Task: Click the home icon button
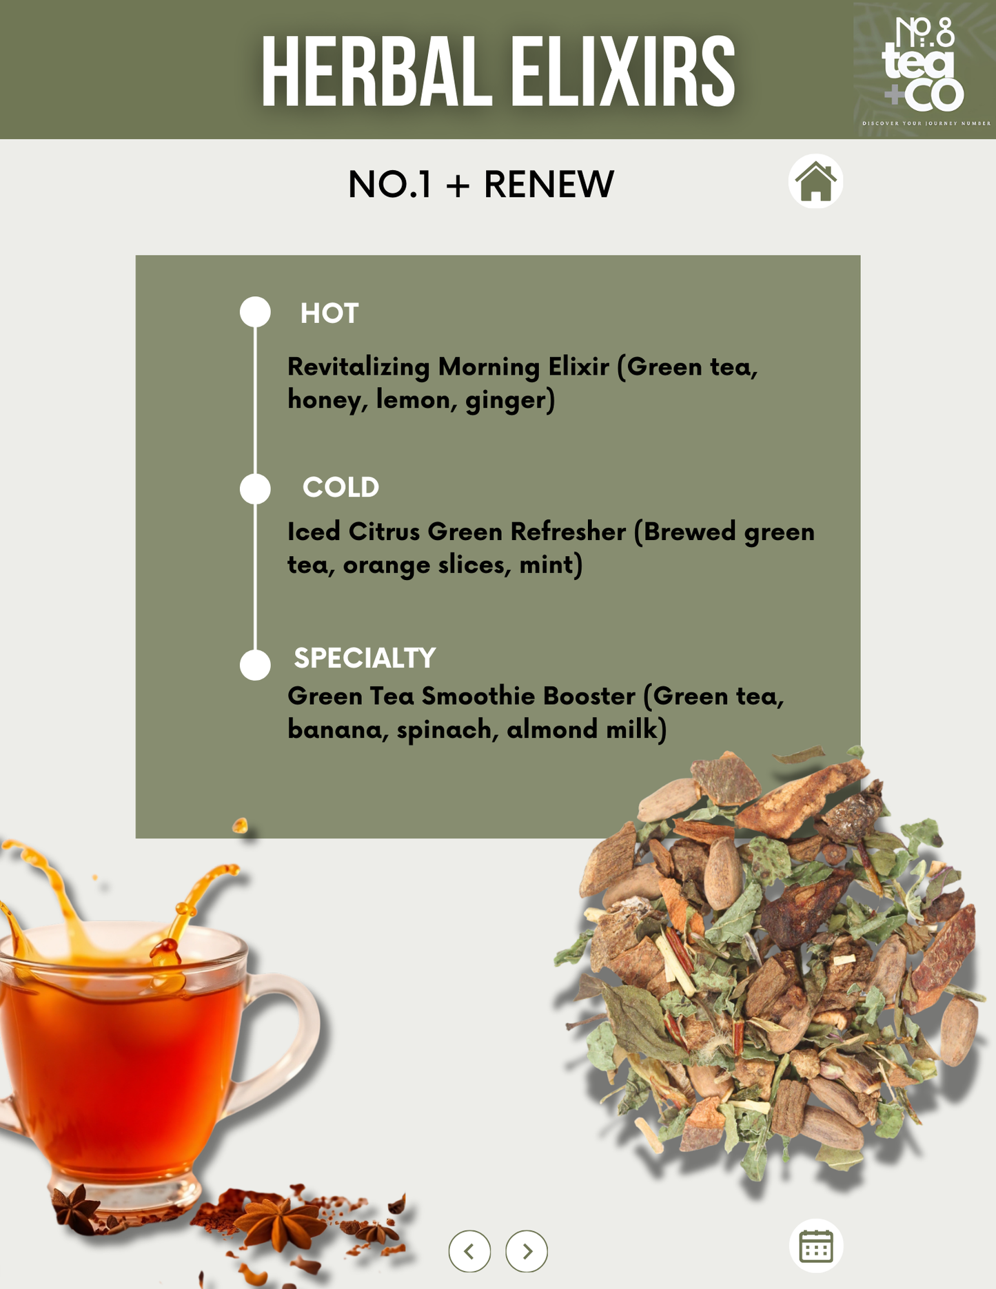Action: click(815, 181)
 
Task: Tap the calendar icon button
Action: click(816, 1246)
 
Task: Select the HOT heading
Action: click(329, 313)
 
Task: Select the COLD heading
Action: click(341, 488)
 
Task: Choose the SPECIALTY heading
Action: click(365, 658)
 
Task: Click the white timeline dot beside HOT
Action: click(255, 311)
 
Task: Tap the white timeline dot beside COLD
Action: click(255, 488)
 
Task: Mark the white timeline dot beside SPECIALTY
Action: click(255, 665)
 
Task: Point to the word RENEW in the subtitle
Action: click(549, 185)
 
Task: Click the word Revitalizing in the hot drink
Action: click(358, 367)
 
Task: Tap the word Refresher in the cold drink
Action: click(568, 532)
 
